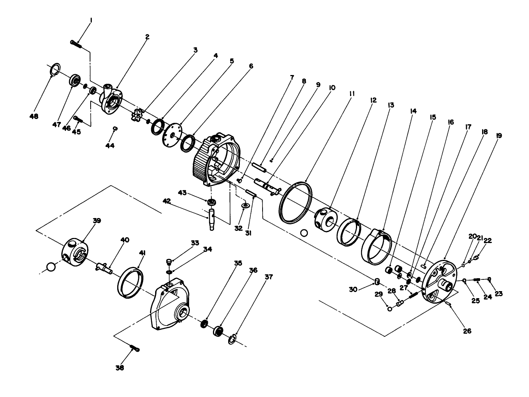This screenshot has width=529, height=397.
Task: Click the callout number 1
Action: click(x=91, y=20)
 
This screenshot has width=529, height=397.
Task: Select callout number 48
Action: click(x=34, y=116)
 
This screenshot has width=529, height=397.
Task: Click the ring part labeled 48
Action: click(x=55, y=69)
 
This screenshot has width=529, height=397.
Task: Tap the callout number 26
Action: click(x=467, y=331)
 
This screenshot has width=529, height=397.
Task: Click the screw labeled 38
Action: click(x=134, y=347)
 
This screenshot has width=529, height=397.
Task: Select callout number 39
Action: click(x=97, y=221)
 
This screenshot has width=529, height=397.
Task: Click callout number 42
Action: click(x=167, y=201)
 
